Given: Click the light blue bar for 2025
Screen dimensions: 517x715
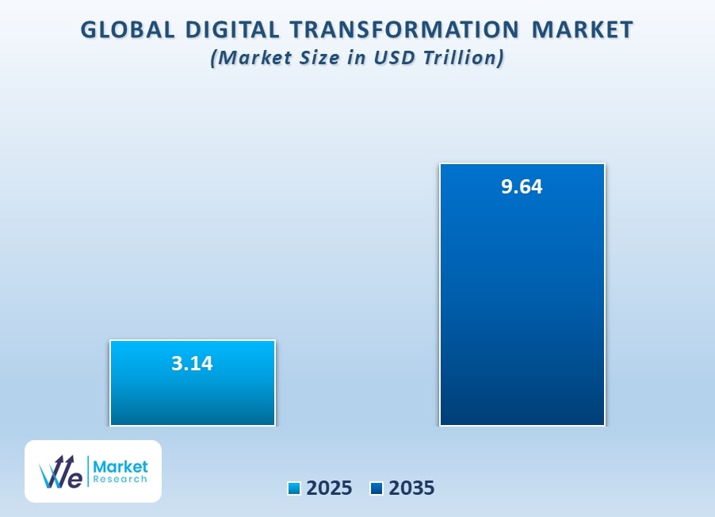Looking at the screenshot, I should [x=193, y=396].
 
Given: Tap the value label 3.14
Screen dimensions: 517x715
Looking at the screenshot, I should [x=193, y=364].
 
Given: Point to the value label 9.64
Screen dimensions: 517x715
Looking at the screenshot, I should [x=522, y=188].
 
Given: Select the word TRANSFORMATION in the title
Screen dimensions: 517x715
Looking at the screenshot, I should [x=404, y=30].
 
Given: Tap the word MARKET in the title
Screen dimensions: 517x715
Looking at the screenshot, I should [x=583, y=30].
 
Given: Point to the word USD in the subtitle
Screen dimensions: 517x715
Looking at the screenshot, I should [x=404, y=59].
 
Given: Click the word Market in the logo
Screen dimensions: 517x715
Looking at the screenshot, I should [x=121, y=465].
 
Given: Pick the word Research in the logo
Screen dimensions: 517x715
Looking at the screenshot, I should [x=121, y=479].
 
